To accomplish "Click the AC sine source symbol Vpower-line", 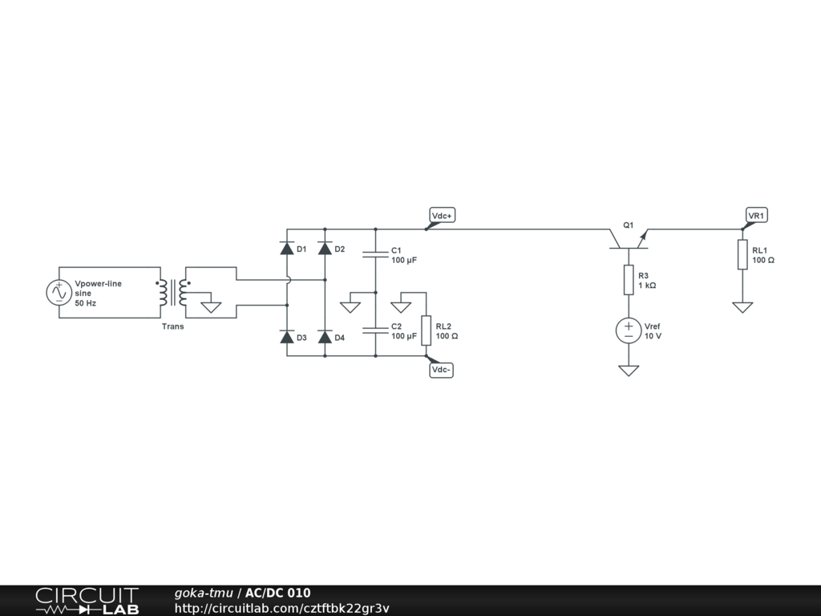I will click(59, 293).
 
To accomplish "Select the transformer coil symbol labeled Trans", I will click(173, 293).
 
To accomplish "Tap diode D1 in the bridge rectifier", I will click(287, 249).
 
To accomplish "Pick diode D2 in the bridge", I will click(325, 249).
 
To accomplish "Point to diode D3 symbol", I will click(287, 338).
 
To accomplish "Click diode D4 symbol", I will click(325, 338).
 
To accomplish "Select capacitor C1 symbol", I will click(375, 254).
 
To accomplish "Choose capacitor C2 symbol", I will click(375, 330).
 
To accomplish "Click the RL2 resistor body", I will click(427, 330).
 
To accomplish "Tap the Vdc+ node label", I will click(443, 216).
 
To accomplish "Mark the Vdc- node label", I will click(442, 370).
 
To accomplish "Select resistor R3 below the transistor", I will click(629, 280).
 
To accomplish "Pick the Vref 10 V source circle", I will click(629, 330).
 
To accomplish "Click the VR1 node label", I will click(756, 216).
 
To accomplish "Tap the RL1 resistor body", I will click(742, 254).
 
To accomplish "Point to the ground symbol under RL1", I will click(742, 306).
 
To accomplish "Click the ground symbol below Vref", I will click(629, 370).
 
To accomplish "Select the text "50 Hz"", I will click(86, 304).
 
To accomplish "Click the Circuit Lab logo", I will click(87, 600).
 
